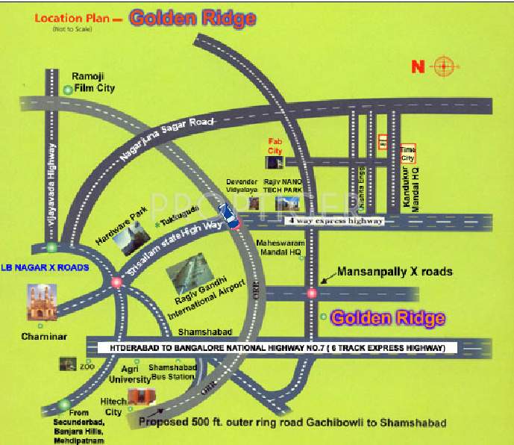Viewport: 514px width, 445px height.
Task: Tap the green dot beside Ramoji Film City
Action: tap(68, 90)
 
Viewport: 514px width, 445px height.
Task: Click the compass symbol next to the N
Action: tap(442, 66)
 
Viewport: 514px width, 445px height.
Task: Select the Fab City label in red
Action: tap(275, 146)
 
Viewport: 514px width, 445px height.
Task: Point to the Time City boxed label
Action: tap(407, 154)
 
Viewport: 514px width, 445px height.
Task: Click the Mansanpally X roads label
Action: tap(395, 272)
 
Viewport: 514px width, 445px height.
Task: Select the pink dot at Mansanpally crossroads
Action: tap(312, 293)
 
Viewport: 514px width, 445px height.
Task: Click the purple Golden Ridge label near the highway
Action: tap(388, 318)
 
